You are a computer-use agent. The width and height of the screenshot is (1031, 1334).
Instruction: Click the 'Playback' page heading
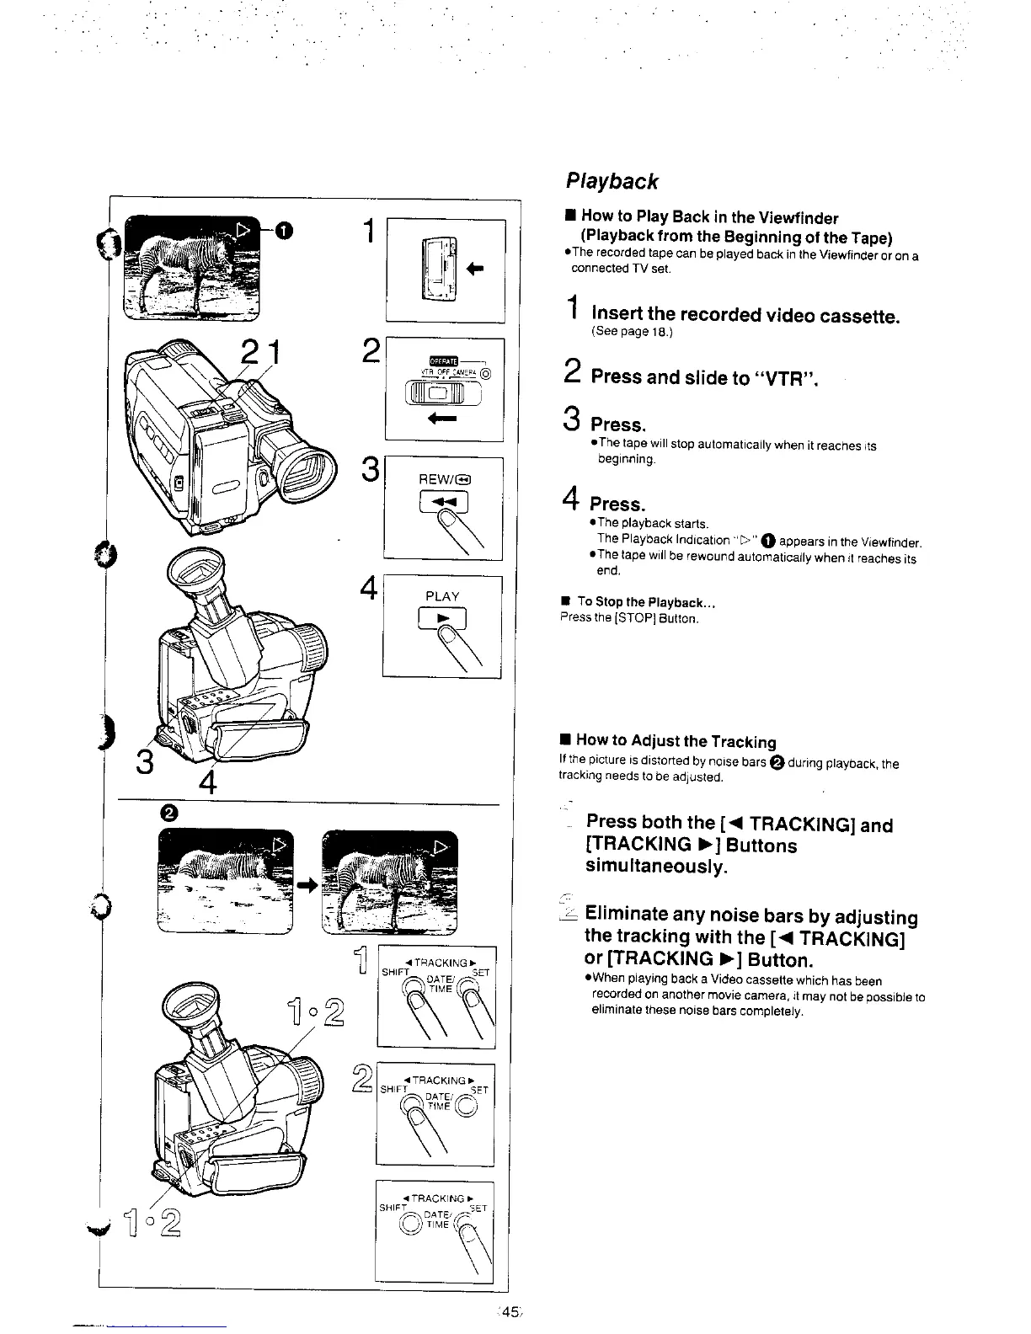click(x=611, y=181)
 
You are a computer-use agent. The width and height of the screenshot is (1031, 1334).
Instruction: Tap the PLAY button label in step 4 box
click(x=442, y=596)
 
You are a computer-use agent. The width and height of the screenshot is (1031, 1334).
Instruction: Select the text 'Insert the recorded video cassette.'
click(x=745, y=316)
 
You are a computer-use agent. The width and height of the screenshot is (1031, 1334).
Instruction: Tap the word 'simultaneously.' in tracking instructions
click(x=656, y=867)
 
